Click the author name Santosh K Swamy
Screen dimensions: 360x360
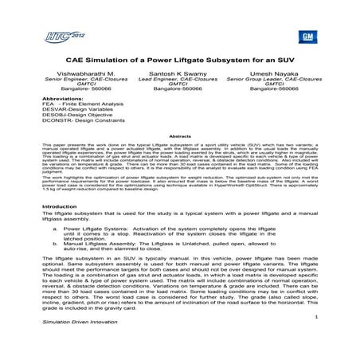click(x=179, y=72)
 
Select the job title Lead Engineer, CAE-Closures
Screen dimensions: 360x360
click(x=179, y=78)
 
